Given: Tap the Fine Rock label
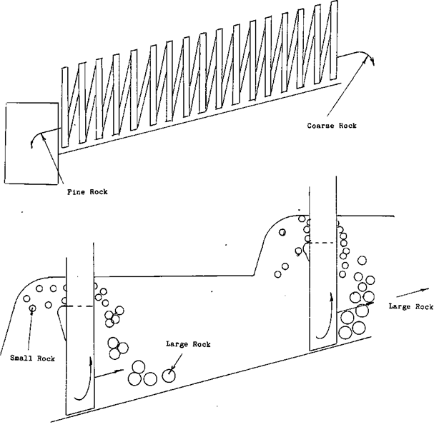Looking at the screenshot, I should (87, 191).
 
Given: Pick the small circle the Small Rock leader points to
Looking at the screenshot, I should (32, 308).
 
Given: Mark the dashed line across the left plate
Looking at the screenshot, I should (79, 307).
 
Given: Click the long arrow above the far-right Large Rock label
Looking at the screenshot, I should (411, 293).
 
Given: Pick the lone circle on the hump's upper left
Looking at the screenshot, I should (282, 232).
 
